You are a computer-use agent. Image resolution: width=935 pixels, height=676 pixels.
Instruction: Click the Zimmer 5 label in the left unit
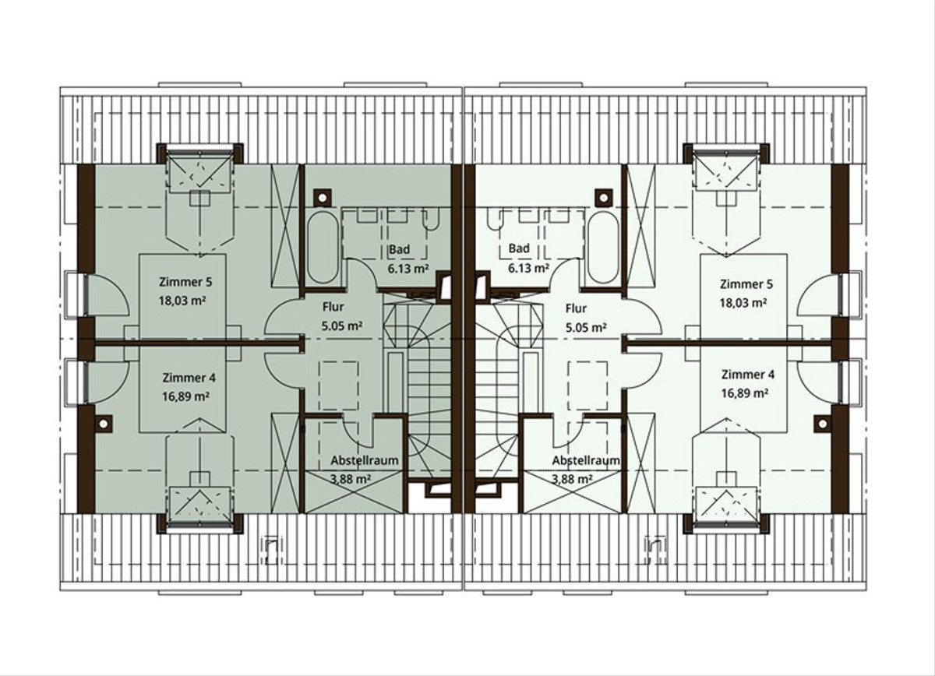(x=185, y=282)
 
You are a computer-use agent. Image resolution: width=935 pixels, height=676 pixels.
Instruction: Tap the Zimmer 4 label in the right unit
(x=747, y=375)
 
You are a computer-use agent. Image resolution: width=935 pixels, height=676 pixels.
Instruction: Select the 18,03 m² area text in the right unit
(x=743, y=303)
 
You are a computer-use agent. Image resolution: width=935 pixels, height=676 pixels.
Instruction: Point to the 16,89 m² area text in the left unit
(x=185, y=396)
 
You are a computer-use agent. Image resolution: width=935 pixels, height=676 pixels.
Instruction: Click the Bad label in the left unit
(x=400, y=249)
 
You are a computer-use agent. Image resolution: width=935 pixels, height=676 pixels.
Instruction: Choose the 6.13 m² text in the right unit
(x=528, y=268)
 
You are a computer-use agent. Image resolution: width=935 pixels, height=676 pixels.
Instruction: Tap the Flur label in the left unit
(x=333, y=307)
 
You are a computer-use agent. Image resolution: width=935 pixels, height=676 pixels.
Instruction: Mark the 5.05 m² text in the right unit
(x=586, y=328)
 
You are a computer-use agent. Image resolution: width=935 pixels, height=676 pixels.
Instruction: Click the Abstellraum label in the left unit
(x=365, y=461)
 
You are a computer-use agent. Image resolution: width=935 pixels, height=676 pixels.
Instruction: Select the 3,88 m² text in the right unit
(x=572, y=479)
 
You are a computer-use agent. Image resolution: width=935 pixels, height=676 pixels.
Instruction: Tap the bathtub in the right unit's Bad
(x=602, y=248)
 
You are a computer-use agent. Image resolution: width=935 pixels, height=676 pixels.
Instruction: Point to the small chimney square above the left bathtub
(x=323, y=197)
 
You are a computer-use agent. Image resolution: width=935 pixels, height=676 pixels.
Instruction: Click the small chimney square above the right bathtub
(x=603, y=197)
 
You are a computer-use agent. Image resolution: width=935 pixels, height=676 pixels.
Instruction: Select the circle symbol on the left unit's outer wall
(x=104, y=424)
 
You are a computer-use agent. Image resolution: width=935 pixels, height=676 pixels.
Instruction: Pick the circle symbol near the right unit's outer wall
(x=823, y=424)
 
